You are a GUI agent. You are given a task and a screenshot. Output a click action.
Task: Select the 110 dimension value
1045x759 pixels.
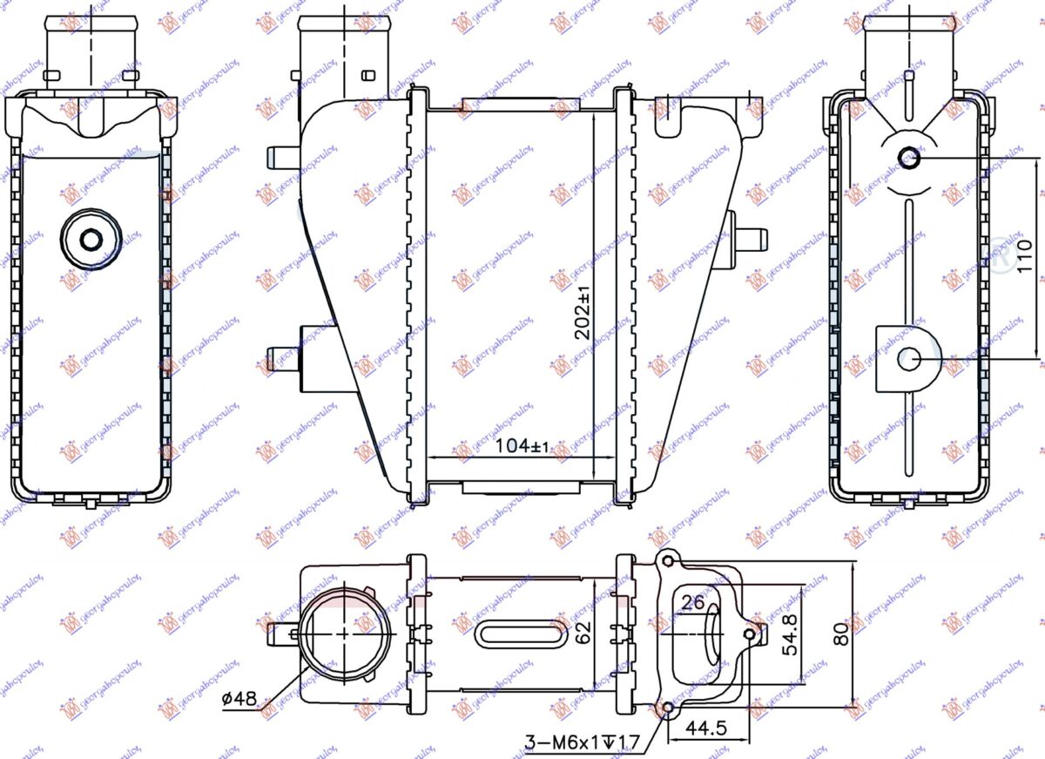tap(1025, 256)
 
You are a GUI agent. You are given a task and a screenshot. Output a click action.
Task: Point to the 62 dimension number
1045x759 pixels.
tap(583, 631)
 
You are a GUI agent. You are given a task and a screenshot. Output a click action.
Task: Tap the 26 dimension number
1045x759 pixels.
tap(693, 601)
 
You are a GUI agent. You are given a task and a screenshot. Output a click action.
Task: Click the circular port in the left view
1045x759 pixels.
tap(91, 238)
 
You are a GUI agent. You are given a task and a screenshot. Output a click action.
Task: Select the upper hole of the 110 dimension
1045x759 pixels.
tap(909, 159)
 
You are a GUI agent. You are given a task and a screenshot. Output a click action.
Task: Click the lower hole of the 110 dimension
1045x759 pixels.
tap(909, 357)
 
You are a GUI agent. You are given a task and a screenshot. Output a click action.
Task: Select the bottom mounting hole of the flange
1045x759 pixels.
tap(669, 707)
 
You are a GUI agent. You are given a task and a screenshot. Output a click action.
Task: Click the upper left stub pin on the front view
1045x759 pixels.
tap(281, 156)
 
